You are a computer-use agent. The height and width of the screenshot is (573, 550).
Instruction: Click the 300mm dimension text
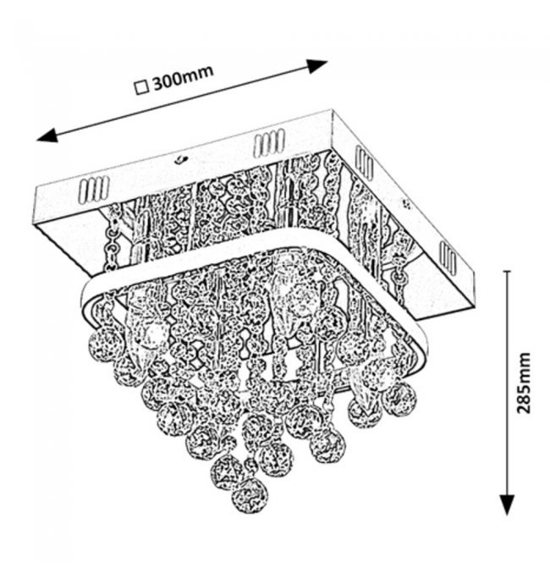(x=183, y=78)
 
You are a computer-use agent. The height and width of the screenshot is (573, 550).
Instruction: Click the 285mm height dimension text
(x=523, y=383)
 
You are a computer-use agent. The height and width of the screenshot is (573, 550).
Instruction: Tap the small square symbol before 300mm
(x=142, y=88)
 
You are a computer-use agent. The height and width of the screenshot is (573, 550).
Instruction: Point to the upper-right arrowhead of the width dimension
(x=316, y=66)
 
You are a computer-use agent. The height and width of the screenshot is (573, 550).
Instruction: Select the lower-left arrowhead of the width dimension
(x=47, y=135)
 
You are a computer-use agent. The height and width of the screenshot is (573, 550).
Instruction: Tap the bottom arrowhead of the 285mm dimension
(x=507, y=505)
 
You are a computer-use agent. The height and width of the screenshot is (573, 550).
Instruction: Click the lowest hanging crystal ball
(x=250, y=497)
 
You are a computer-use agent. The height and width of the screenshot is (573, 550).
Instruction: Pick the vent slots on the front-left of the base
(x=93, y=190)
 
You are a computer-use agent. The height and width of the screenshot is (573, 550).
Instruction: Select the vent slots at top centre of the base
(x=269, y=143)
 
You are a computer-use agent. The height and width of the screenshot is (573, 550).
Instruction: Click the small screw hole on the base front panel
(x=179, y=159)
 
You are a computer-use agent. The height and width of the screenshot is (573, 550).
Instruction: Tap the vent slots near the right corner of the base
(x=448, y=257)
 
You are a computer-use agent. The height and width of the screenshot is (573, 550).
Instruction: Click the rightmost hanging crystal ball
(x=399, y=399)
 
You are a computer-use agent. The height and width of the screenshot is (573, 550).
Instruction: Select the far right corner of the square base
(x=474, y=271)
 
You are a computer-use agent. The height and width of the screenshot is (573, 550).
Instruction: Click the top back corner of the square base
(x=333, y=110)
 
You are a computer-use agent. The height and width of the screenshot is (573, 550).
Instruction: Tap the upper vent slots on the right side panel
(x=365, y=163)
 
